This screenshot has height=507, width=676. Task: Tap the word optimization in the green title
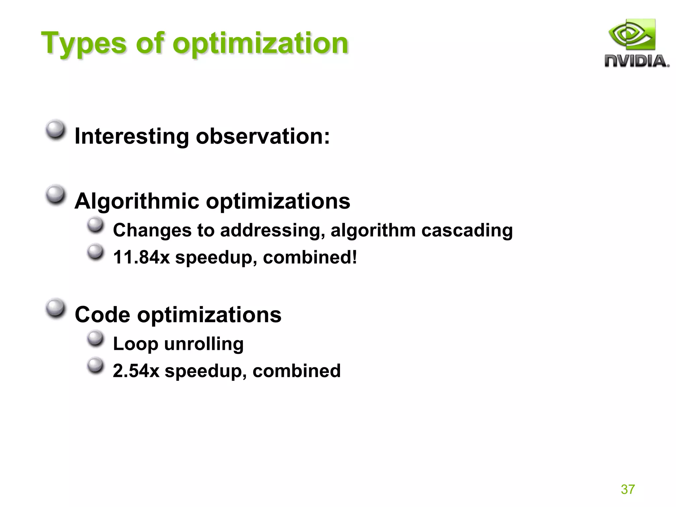[x=260, y=44]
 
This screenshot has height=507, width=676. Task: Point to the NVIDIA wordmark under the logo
[x=636, y=61]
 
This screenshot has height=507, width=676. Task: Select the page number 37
[x=627, y=489]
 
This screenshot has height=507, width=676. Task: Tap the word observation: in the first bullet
[x=263, y=136]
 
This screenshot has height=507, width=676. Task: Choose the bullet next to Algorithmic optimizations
[x=55, y=195]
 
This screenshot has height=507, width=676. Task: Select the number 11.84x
[x=141, y=257]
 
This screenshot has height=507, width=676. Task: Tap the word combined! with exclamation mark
[x=310, y=257]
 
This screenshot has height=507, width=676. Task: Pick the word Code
[x=102, y=315]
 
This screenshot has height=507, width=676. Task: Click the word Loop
[x=135, y=344]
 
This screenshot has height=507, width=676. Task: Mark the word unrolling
[x=204, y=344]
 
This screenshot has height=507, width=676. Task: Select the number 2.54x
[x=136, y=371]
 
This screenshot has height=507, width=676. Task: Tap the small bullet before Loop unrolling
[x=96, y=338]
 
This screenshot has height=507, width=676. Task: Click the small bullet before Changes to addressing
[x=96, y=225]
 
